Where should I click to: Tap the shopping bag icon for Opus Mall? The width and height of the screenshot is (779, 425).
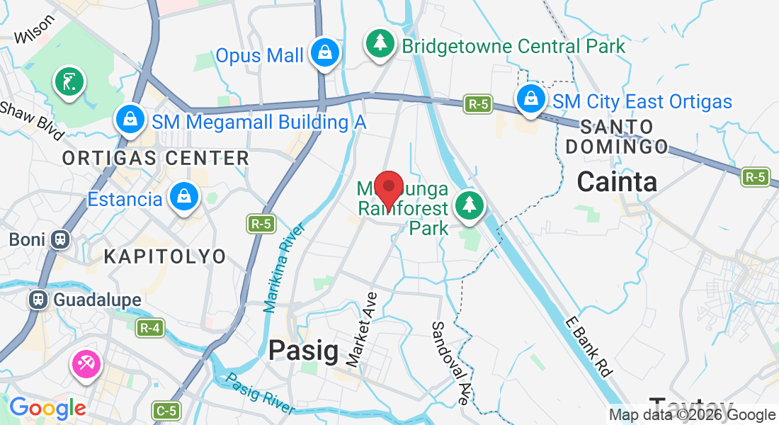tap(324, 53)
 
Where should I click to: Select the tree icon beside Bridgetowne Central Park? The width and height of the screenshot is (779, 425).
tap(380, 45)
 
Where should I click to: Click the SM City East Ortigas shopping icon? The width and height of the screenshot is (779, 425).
tap(530, 99)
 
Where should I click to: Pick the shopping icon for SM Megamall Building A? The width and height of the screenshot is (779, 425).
tap(130, 120)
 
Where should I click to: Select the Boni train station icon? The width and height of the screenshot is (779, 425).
tap(59, 239)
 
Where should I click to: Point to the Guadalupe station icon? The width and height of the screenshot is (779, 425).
tap(38, 300)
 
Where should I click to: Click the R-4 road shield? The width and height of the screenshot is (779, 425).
tap(149, 328)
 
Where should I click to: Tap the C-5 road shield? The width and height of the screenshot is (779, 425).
tap(166, 410)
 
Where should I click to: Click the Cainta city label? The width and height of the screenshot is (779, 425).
tap(616, 182)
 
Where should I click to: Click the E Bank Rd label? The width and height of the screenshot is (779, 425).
tap(588, 346)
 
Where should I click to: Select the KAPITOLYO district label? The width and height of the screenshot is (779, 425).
tap(164, 256)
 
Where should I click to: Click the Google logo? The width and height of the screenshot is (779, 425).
tap(47, 408)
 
